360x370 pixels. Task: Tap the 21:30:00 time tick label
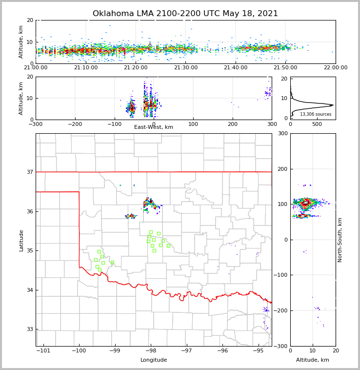click(186, 68)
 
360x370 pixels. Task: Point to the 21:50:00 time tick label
click(285, 68)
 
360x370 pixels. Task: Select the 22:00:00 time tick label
click(335, 68)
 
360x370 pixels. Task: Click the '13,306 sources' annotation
click(316, 114)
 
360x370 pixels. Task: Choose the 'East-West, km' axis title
click(154, 127)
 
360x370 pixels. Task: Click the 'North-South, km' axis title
click(340, 240)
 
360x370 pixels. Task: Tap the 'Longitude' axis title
click(154, 360)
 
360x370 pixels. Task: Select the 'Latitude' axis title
click(21, 240)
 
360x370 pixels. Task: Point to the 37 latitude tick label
click(29, 172)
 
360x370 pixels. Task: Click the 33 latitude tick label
click(29, 329)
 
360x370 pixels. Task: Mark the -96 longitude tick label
click(222, 350)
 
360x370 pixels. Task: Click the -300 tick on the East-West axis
click(36, 124)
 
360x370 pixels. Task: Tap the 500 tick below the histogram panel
click(317, 124)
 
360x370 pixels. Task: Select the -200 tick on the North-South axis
click(282, 311)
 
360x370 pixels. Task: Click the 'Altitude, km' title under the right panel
click(313, 360)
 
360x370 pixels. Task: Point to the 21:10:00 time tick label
click(86, 68)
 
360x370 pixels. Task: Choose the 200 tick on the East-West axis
click(233, 124)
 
